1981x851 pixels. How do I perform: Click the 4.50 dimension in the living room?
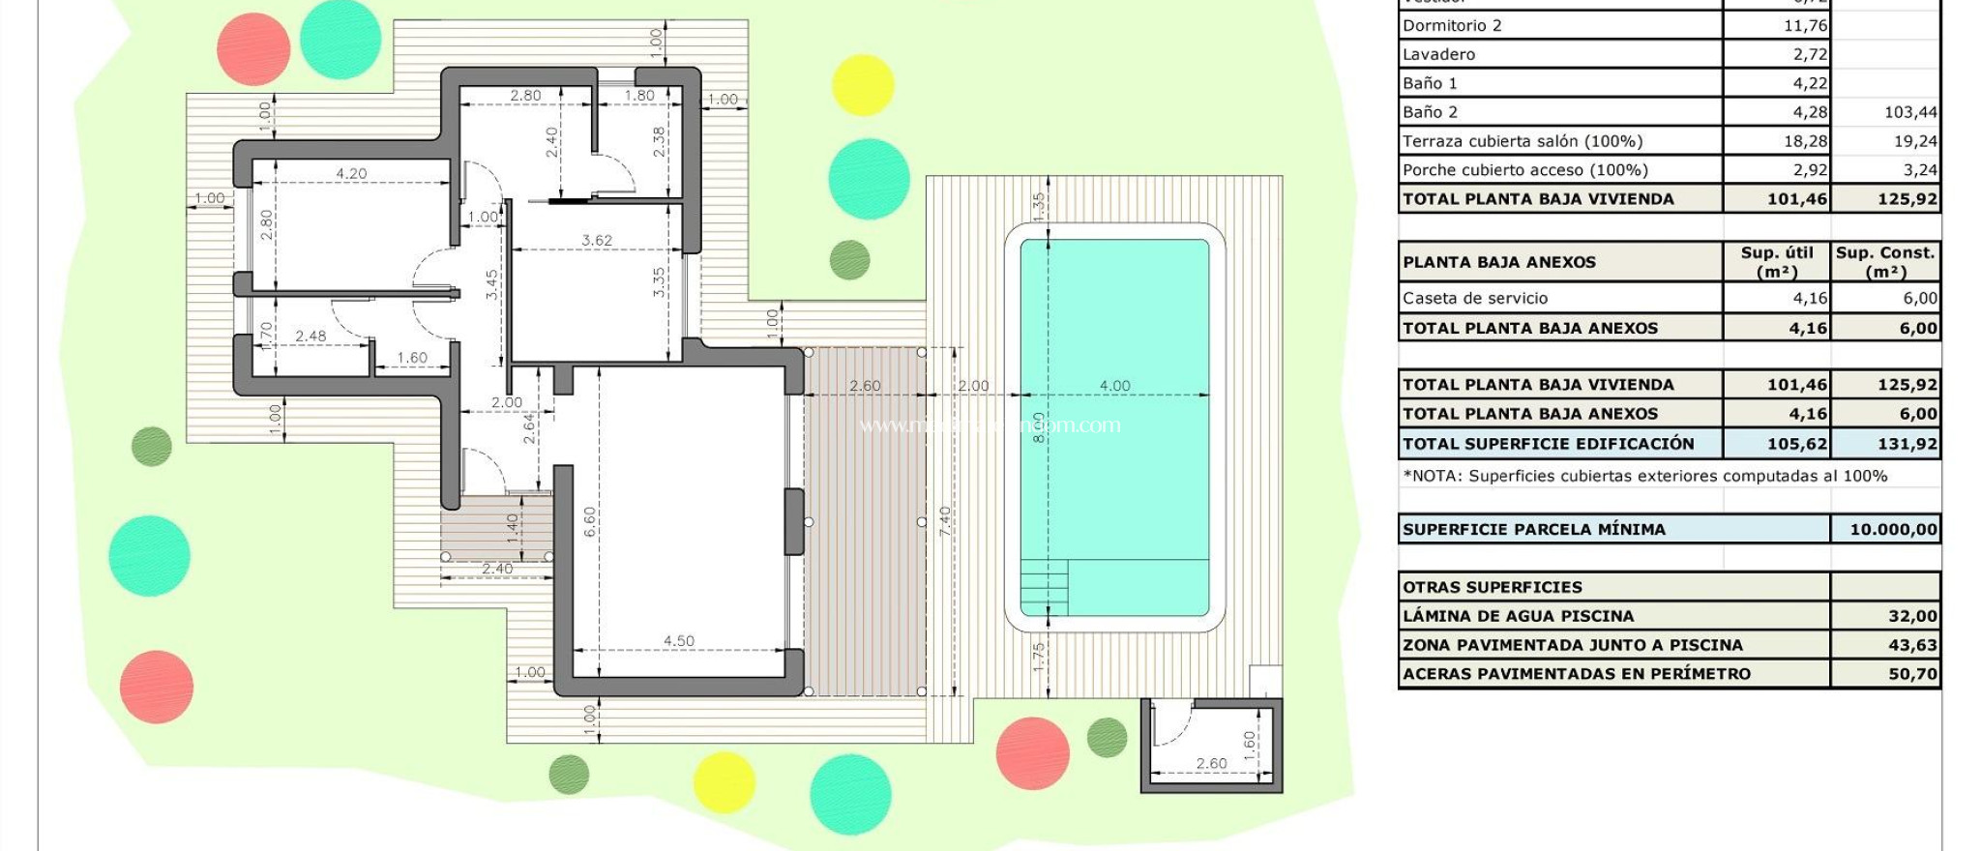[x=678, y=641]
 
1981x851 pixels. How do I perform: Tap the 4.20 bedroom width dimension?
[x=351, y=174]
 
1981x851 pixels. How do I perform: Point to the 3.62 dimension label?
[x=596, y=240]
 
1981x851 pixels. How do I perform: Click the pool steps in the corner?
[x=1045, y=587]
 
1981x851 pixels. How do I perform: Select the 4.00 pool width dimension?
[x=1114, y=386]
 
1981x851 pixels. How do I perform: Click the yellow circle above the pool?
[x=862, y=85]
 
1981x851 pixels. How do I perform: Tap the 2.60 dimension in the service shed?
[x=1211, y=764]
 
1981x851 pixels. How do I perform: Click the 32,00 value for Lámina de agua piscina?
[x=1912, y=616]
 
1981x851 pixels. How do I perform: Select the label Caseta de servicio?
[x=1475, y=299]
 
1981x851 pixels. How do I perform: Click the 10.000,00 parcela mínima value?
[x=1893, y=530]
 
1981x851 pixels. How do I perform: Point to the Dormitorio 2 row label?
[x=1452, y=26]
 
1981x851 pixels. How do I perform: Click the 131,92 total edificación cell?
[x=1907, y=444]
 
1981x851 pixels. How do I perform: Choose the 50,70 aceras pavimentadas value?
[x=1912, y=674]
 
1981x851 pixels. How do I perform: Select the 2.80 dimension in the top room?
[x=525, y=96]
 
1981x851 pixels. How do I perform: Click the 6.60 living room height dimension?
[x=590, y=522]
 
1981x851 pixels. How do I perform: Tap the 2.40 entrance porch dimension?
[x=497, y=569]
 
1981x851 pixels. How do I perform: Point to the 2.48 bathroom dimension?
[x=310, y=337]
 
